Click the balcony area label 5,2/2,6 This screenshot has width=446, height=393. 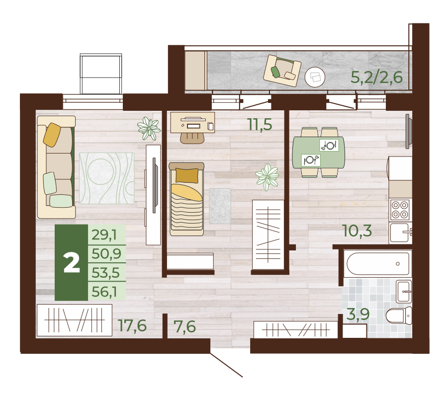(x=376, y=77)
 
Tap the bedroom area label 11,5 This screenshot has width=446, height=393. (x=260, y=125)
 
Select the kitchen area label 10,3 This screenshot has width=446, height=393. (x=357, y=231)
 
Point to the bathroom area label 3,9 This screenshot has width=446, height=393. (x=358, y=314)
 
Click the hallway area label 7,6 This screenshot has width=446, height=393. (x=185, y=326)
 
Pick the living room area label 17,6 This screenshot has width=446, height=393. (x=133, y=325)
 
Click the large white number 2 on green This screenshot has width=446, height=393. (x=72, y=263)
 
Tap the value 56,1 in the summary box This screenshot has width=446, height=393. (x=104, y=292)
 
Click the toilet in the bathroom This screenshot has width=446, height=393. (x=399, y=315)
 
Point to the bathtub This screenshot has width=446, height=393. (x=378, y=263)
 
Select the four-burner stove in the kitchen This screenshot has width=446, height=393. (x=400, y=210)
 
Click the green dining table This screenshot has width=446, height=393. (x=319, y=153)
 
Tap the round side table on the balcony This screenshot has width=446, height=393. (x=315, y=77)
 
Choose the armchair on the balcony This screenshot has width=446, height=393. (x=282, y=71)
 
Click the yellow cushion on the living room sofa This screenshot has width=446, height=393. (x=52, y=135)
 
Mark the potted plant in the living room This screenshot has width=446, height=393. (x=149, y=129)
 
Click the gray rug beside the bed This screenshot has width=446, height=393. (x=220, y=206)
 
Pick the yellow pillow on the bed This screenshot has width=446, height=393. (x=187, y=175)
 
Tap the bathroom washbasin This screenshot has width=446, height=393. (x=404, y=291)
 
